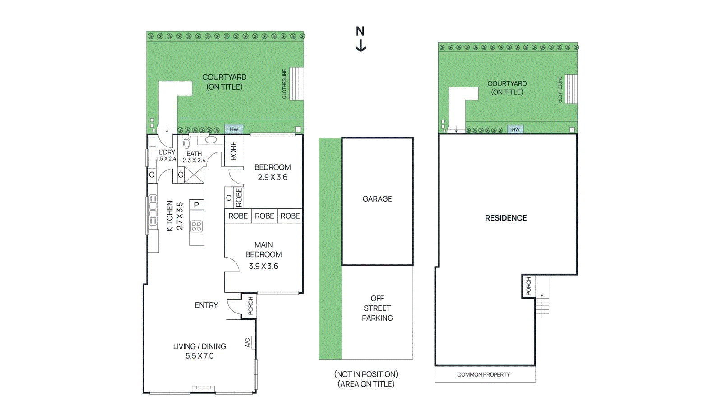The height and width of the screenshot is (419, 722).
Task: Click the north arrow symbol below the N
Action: (x=361, y=46)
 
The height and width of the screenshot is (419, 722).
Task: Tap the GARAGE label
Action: (x=377, y=199)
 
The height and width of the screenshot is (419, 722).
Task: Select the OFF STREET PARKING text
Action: (x=377, y=308)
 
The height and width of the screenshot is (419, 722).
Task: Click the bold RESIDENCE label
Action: (x=506, y=218)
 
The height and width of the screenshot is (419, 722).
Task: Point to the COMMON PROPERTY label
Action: (x=483, y=374)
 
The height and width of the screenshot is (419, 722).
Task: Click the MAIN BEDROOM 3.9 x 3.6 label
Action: (x=264, y=255)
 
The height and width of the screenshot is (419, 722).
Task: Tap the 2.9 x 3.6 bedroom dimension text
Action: (x=273, y=177)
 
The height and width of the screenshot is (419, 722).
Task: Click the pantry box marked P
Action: (x=196, y=205)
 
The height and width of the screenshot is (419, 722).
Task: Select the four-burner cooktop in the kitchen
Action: (x=196, y=226)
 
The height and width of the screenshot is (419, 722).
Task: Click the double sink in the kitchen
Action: (x=153, y=210)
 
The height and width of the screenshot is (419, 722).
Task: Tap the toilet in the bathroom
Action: (x=187, y=143)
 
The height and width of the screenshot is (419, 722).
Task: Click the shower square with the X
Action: (x=194, y=175)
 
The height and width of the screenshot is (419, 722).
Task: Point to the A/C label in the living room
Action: (x=248, y=343)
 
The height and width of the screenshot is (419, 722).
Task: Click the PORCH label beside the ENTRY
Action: (x=250, y=306)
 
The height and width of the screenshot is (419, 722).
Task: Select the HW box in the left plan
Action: (x=234, y=129)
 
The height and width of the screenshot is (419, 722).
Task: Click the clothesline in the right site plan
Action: (x=571, y=89)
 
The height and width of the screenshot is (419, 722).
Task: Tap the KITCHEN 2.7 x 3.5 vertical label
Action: (x=175, y=216)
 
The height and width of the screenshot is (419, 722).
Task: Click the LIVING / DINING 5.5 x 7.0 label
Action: (x=199, y=351)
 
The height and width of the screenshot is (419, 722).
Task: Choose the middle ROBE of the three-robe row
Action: (x=264, y=216)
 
